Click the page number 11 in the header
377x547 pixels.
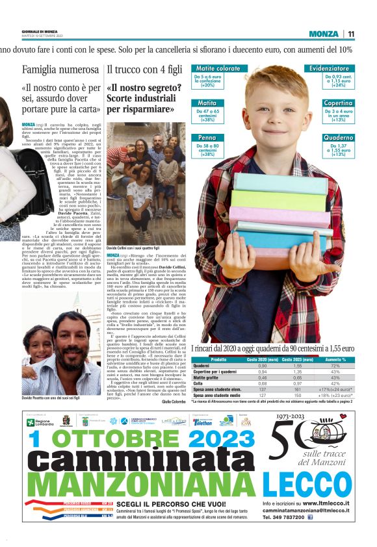[351, 34]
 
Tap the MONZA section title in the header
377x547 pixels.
[324, 34]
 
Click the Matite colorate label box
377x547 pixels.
[218, 68]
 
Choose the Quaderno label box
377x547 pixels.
[338, 138]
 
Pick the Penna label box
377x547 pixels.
[208, 138]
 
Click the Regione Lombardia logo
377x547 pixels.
[40, 422]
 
